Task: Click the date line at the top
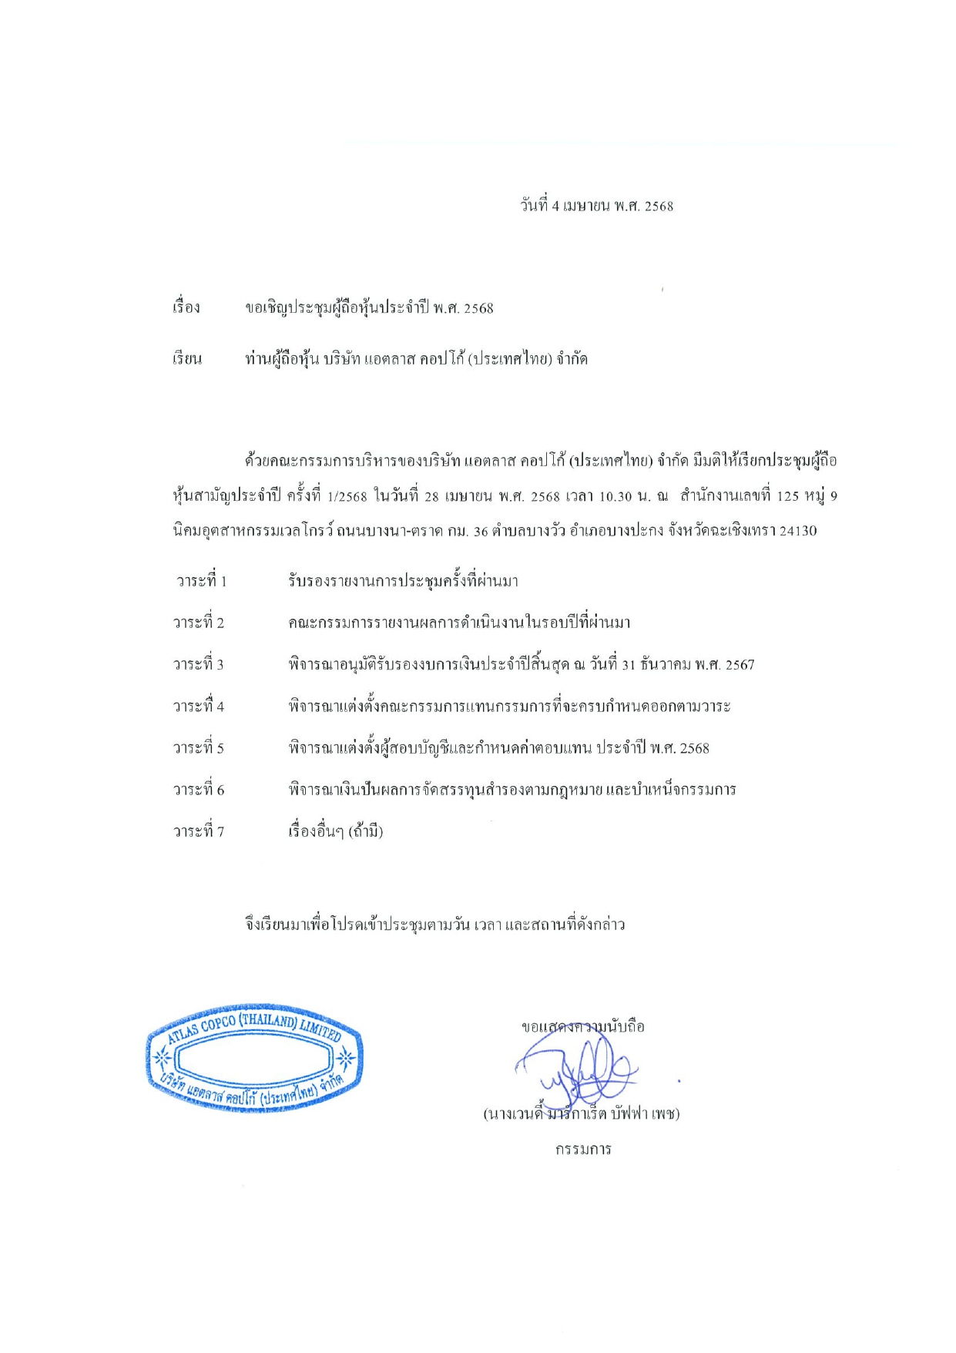597,206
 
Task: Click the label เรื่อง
186,307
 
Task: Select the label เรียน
187,359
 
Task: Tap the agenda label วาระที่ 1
201,581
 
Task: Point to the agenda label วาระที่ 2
199,623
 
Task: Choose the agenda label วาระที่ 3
199,664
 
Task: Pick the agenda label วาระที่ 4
199,706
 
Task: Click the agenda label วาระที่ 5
199,747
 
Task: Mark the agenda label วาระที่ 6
199,790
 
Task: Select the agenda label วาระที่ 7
199,831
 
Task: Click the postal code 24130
798,531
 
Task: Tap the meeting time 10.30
615,496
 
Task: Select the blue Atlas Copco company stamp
254,1058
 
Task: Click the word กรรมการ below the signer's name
583,1150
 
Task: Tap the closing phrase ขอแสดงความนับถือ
582,1026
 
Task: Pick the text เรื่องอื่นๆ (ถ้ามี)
336,831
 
